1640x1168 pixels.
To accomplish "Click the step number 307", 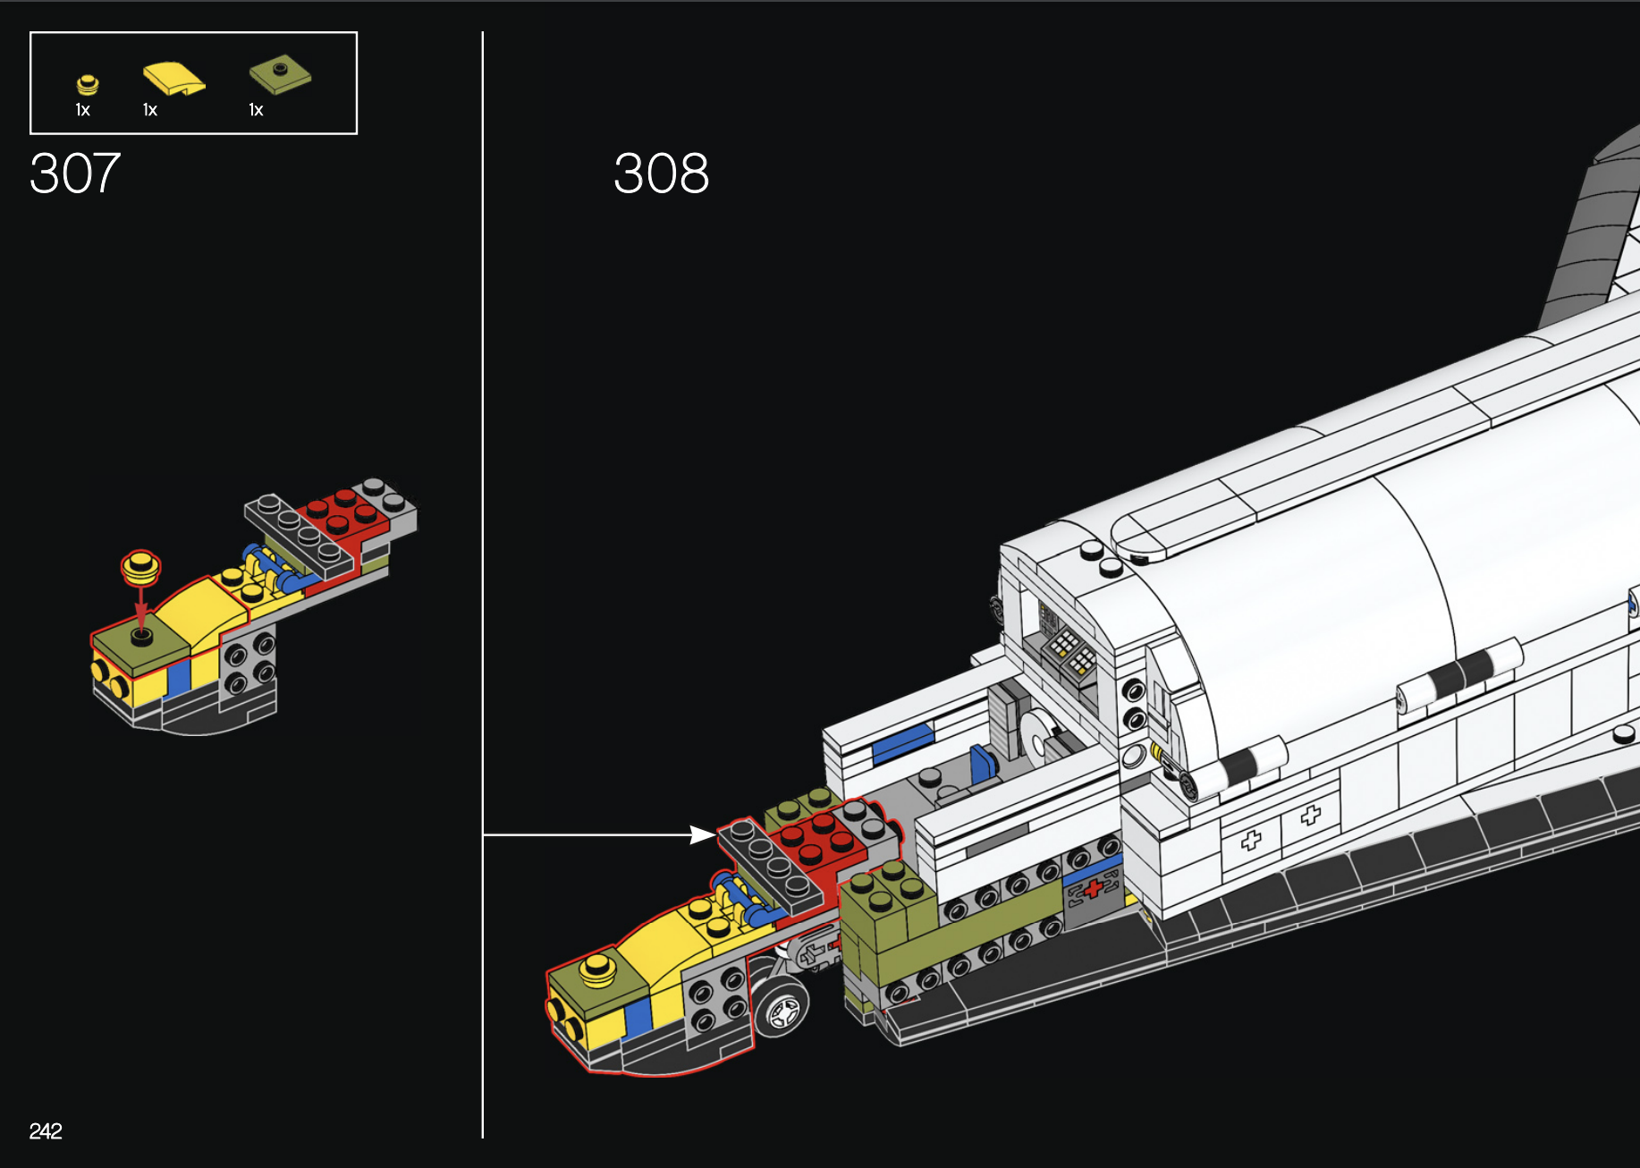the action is point(75,173).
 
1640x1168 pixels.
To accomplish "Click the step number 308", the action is point(661,173).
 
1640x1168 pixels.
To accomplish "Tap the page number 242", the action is point(46,1131).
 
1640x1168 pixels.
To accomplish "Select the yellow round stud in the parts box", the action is point(87,85).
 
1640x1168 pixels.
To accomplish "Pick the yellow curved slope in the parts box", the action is point(173,79).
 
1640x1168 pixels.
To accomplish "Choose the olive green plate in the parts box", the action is point(280,75).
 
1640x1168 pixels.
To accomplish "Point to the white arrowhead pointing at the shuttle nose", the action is point(703,834).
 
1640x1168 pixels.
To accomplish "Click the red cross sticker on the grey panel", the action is point(1093,888).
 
